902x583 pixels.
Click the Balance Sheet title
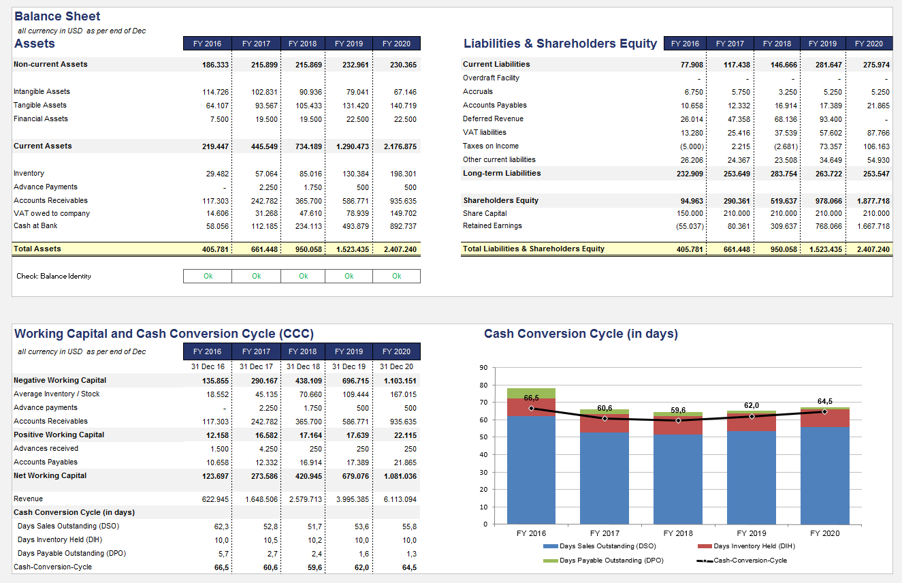coord(57,16)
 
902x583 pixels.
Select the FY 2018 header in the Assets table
coord(302,44)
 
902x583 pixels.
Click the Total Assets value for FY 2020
coord(401,249)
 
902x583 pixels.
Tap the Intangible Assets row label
coord(42,92)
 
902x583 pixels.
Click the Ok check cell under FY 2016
coord(208,276)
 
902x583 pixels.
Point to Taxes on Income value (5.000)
coord(690,146)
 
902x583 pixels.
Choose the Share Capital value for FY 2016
coord(690,214)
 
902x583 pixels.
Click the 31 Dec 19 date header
coord(349,367)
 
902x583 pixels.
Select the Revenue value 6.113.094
coord(400,500)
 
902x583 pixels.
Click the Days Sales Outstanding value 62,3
coord(221,526)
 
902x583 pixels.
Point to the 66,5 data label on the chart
coord(532,397)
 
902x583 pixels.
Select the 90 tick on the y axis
coord(483,368)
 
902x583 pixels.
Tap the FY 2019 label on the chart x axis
coord(752,533)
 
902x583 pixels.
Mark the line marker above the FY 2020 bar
coord(824,411)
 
